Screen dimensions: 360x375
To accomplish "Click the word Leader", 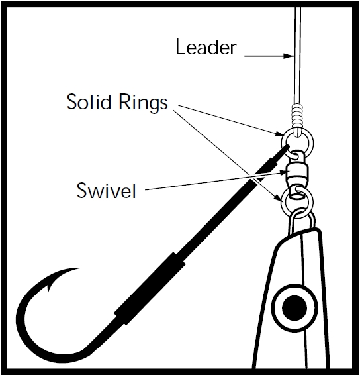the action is click(x=206, y=47).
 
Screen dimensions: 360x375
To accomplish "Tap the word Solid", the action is click(x=89, y=101).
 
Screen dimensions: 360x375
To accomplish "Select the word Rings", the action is click(x=143, y=103).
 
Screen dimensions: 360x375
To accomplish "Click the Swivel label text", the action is click(x=106, y=190).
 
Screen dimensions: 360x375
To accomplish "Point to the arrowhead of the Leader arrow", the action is click(x=289, y=56).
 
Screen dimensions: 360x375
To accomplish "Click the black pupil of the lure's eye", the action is click(x=294, y=308).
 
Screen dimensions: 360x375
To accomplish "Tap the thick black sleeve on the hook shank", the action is click(x=150, y=288).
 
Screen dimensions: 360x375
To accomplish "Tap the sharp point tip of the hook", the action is click(x=78, y=268).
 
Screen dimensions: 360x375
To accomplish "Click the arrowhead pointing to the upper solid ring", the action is click(x=279, y=134).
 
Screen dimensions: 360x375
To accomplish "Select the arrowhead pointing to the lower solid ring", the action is click(x=279, y=199).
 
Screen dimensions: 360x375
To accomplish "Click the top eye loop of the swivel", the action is click(x=296, y=156).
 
